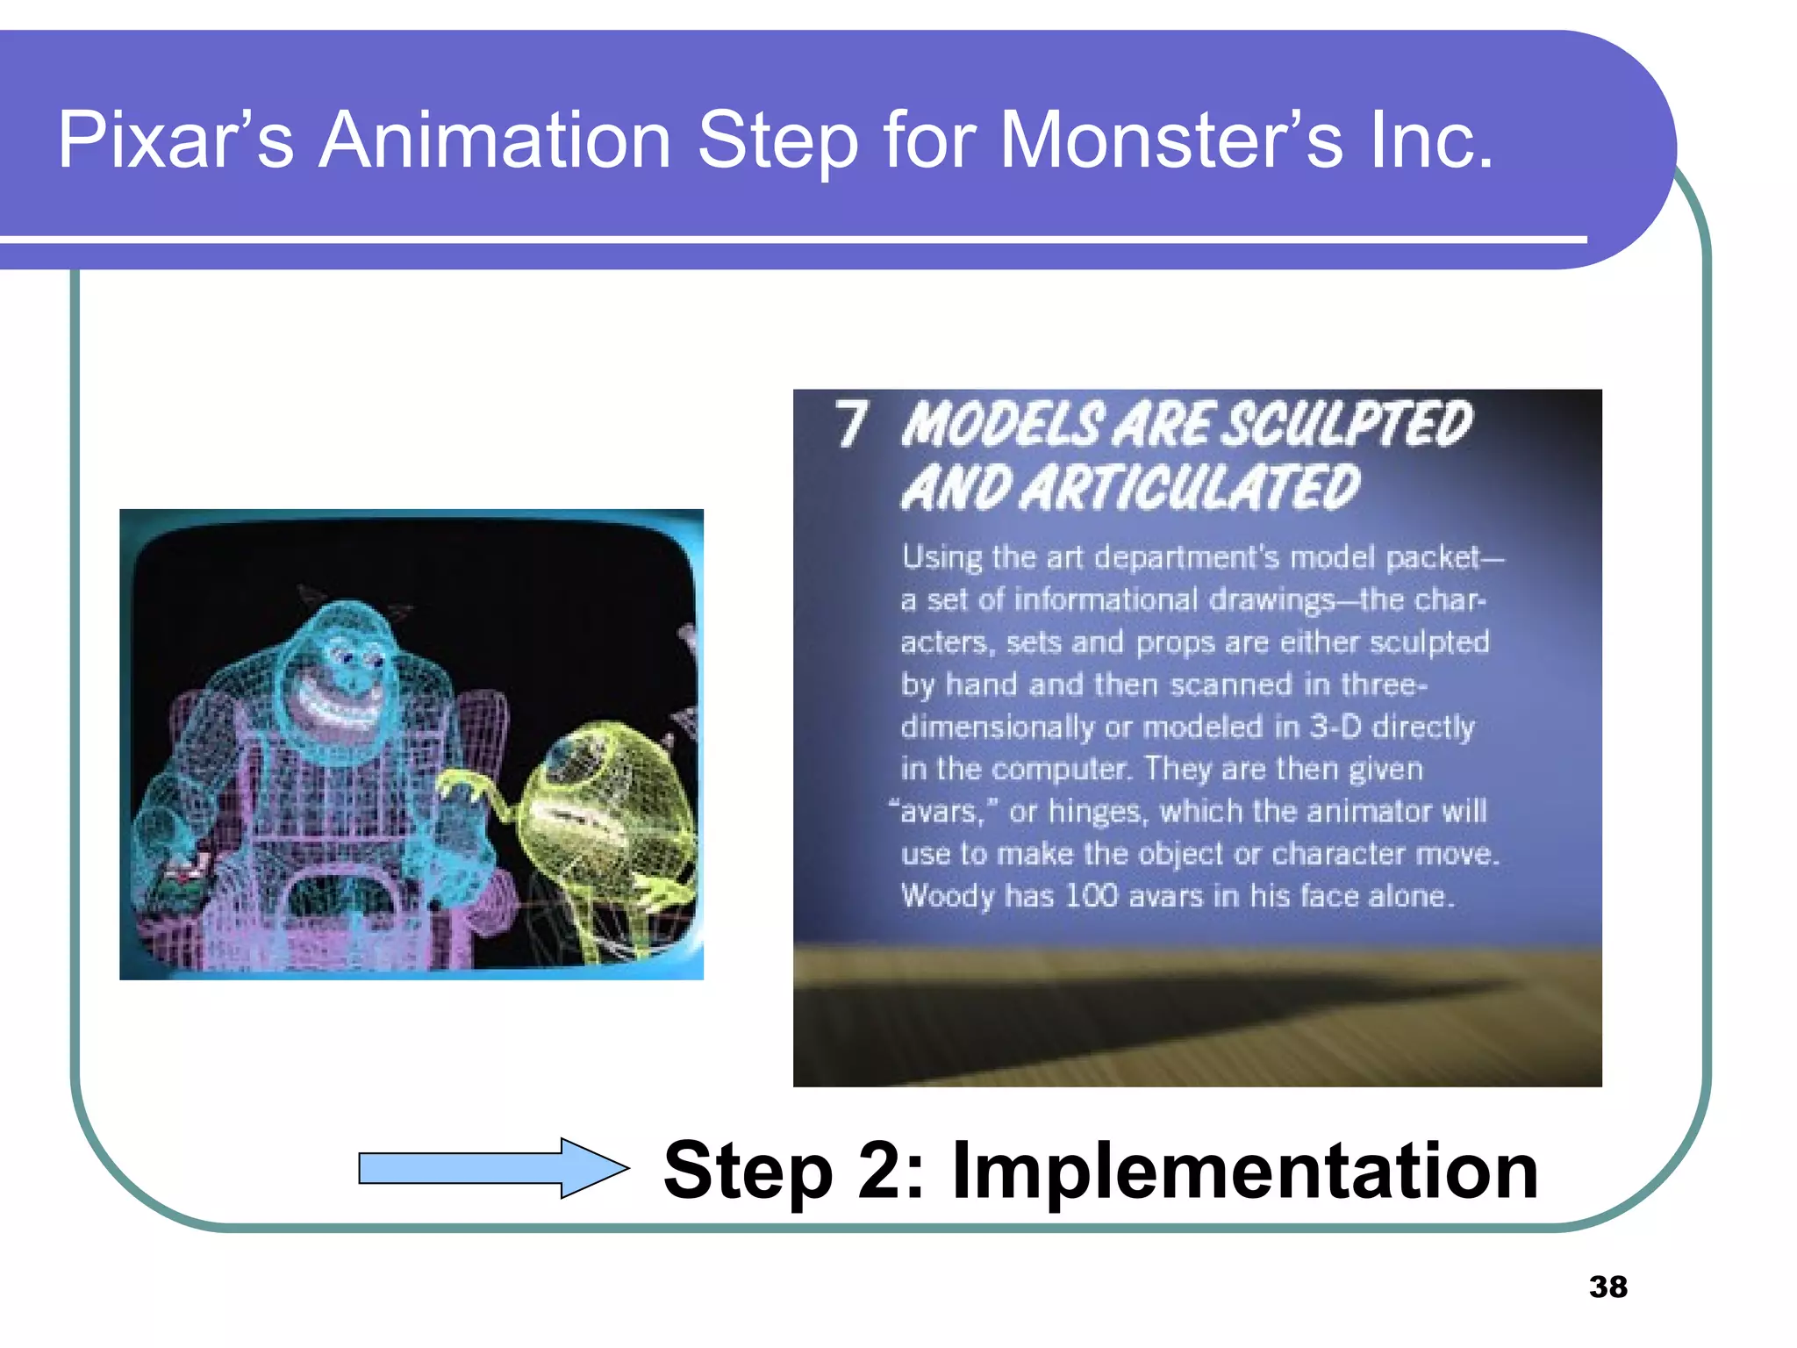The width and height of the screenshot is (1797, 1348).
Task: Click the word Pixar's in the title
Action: (x=175, y=140)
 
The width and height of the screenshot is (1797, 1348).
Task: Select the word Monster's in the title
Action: (x=1171, y=140)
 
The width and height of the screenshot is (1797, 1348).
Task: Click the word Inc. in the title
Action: (x=1430, y=140)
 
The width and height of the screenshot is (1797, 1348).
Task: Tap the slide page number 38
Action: (x=1607, y=1287)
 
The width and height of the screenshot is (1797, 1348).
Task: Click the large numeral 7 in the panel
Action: (x=850, y=425)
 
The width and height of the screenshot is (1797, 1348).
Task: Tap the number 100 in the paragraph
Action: (x=1092, y=896)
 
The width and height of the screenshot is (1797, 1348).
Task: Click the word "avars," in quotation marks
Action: (x=943, y=812)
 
